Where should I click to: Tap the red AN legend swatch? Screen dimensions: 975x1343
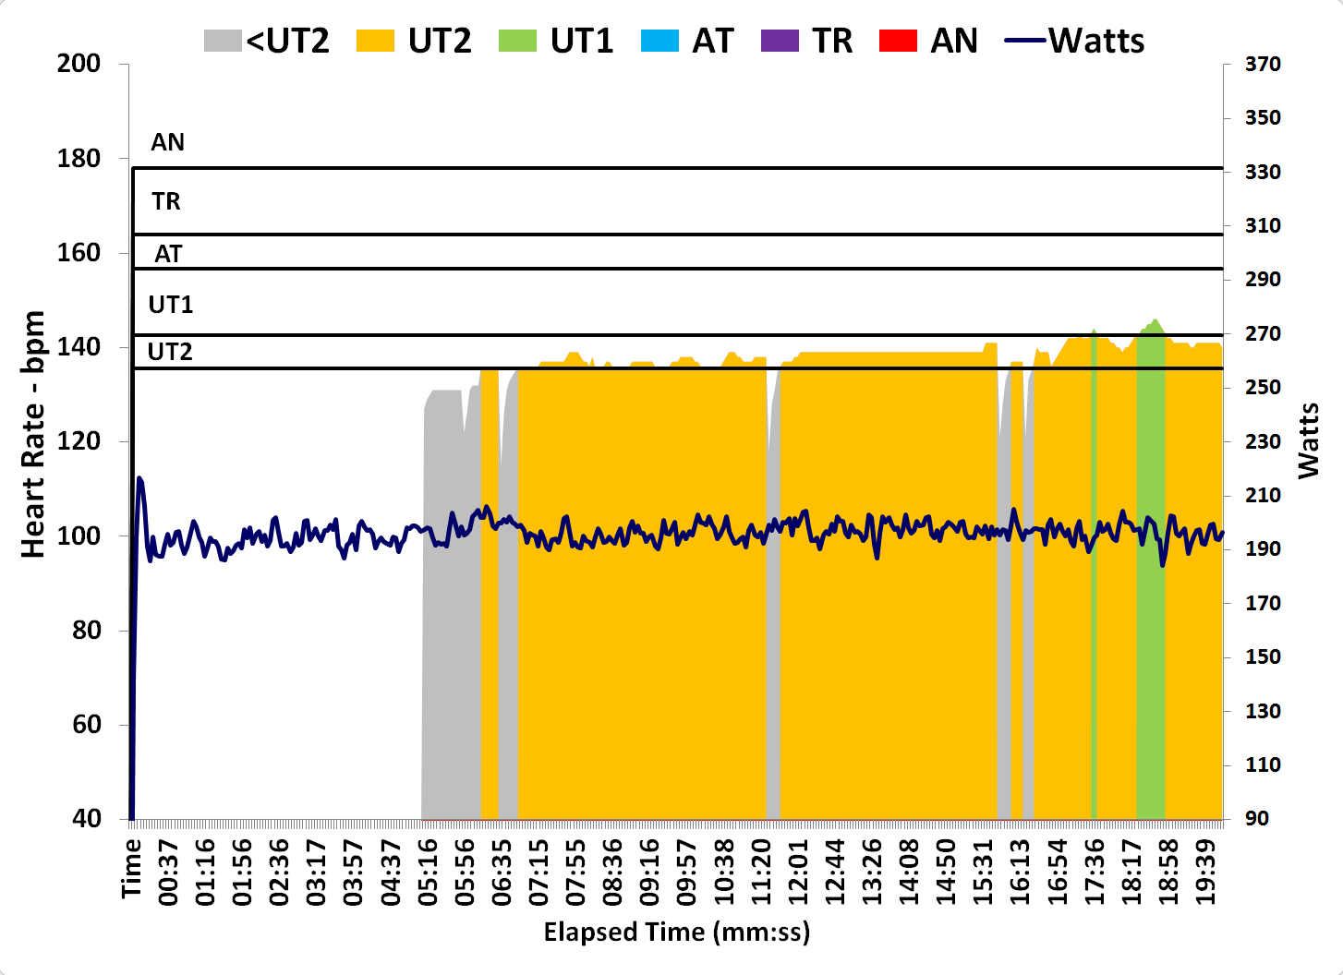[898, 41]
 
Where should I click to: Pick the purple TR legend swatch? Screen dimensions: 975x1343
[780, 41]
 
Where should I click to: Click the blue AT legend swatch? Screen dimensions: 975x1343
[659, 41]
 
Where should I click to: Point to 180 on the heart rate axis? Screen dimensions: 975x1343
[79, 159]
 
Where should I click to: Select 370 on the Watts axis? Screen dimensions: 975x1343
[1262, 64]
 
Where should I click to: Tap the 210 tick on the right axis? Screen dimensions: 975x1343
[1262, 496]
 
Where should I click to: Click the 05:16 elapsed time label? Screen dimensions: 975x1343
[428, 873]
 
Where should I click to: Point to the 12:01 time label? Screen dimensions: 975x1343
[798, 873]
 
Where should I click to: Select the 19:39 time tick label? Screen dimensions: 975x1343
[1205, 873]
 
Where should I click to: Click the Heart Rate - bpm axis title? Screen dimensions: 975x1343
[33, 434]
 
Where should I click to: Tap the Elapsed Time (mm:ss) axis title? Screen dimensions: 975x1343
[676, 932]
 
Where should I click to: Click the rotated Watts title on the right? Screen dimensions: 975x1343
[1308, 440]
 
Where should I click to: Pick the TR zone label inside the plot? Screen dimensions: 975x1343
[166, 201]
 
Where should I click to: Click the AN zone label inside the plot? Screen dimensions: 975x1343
[168, 142]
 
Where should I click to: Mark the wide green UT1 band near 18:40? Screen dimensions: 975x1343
[1150, 572]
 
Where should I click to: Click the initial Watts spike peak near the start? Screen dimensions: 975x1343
[139, 478]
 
